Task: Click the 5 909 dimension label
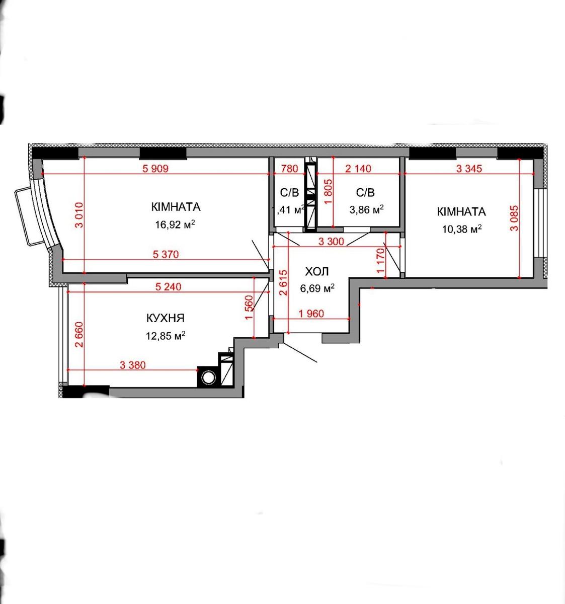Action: pyautogui.click(x=155, y=168)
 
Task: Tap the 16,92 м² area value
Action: pyautogui.click(x=175, y=224)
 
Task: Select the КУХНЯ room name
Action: pyautogui.click(x=166, y=318)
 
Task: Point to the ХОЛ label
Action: pyautogui.click(x=317, y=271)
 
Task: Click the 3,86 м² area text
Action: pyautogui.click(x=366, y=209)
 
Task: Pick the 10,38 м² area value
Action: pyautogui.click(x=462, y=229)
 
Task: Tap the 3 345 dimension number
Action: pyautogui.click(x=469, y=168)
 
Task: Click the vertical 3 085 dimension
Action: pyautogui.click(x=514, y=218)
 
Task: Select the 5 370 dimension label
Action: pyautogui.click(x=166, y=254)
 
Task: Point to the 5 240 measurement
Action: pyautogui.click(x=168, y=286)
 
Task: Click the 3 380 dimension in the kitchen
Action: pyautogui.click(x=133, y=364)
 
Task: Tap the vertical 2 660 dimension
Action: pyautogui.click(x=79, y=335)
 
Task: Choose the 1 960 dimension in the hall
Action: pyautogui.click(x=311, y=313)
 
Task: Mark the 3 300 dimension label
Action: pyautogui.click(x=331, y=241)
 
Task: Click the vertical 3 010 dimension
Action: pyautogui.click(x=79, y=215)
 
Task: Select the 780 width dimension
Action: pyautogui.click(x=289, y=168)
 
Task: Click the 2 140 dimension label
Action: pyautogui.click(x=358, y=168)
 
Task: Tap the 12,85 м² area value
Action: pyautogui.click(x=166, y=336)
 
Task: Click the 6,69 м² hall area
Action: pyautogui.click(x=317, y=288)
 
